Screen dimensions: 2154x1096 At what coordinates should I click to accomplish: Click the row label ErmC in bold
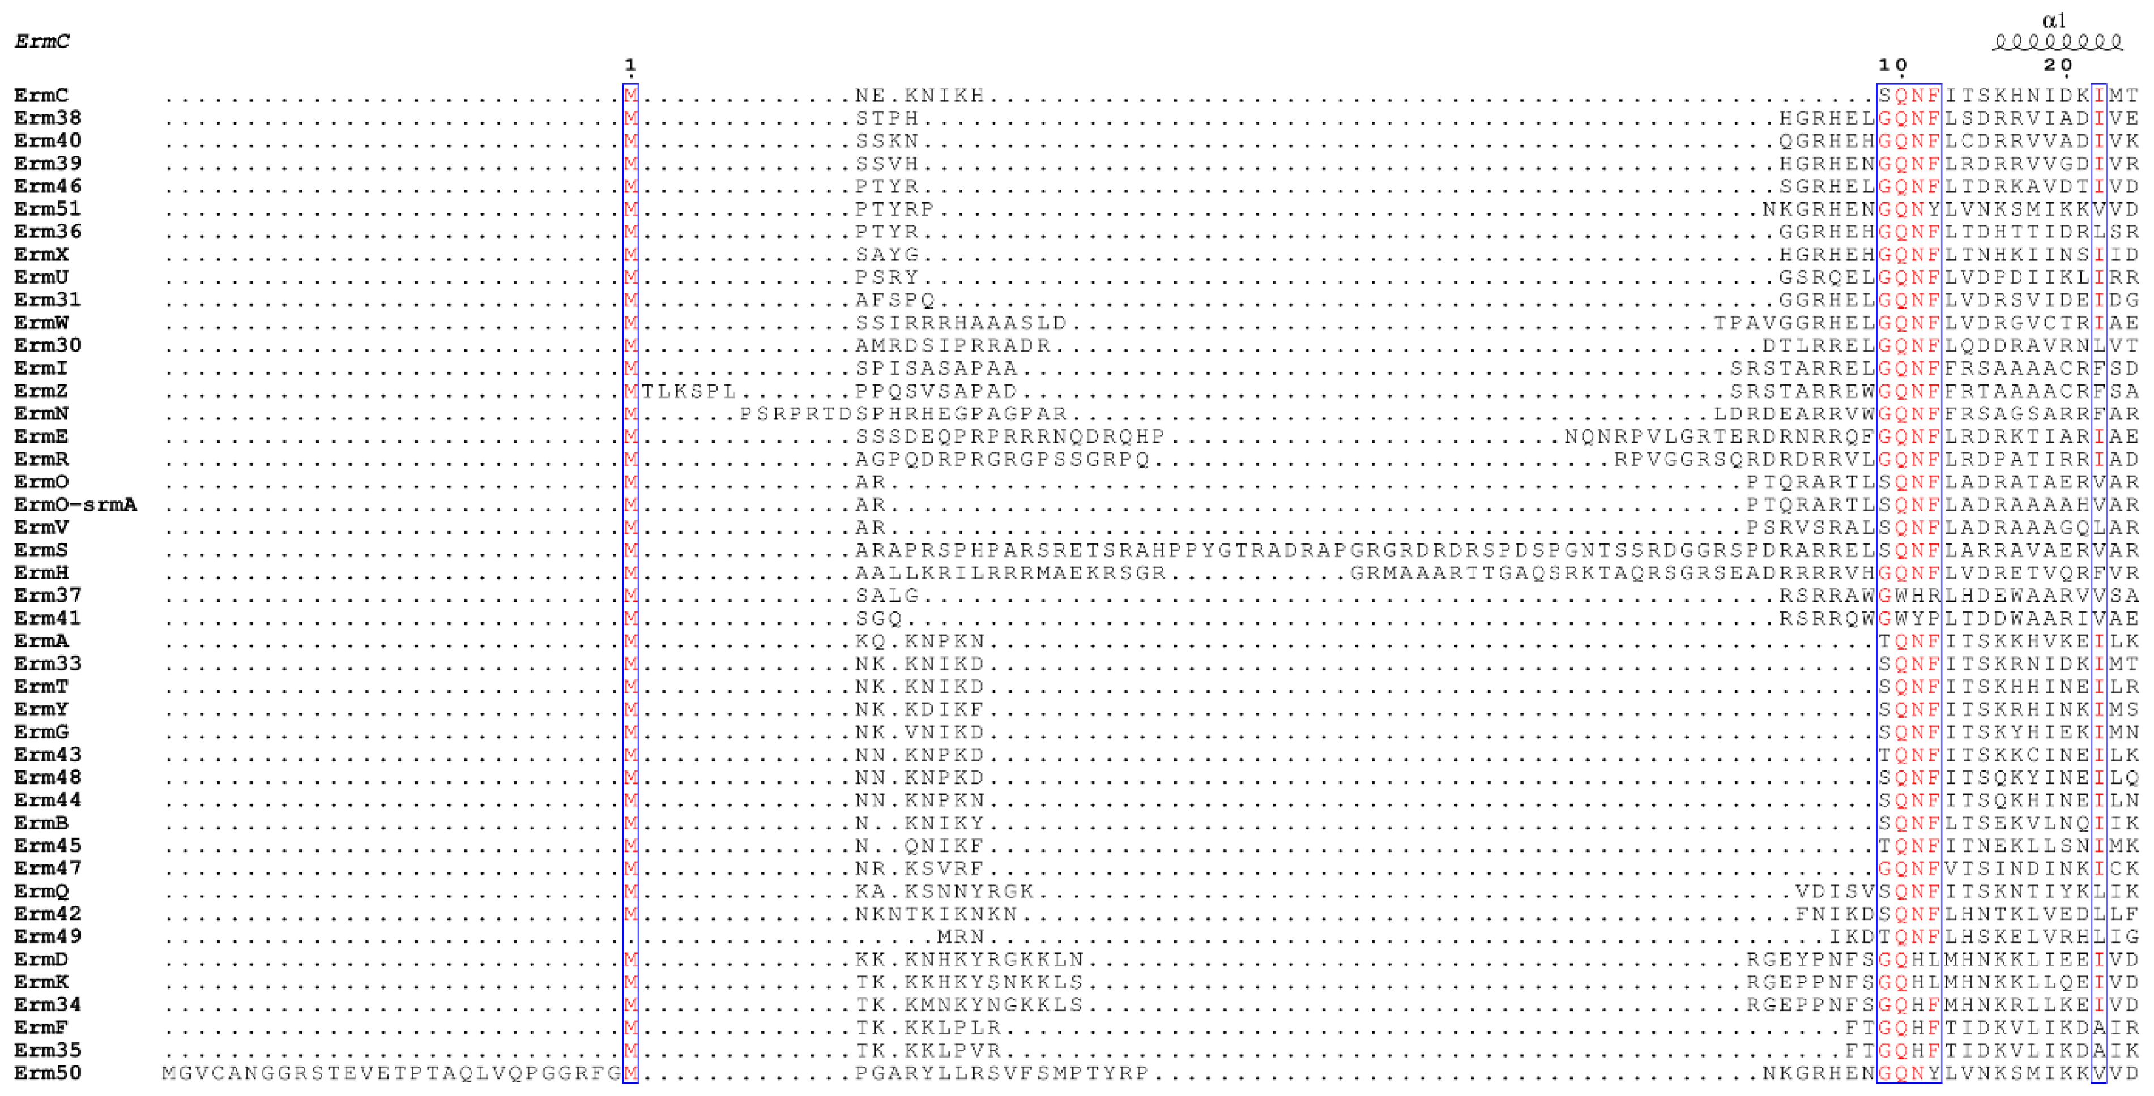[40, 95]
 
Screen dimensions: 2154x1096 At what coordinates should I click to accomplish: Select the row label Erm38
[48, 118]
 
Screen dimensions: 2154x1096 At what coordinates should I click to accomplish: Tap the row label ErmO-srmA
[75, 504]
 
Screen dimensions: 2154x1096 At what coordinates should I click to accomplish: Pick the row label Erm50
[48, 1073]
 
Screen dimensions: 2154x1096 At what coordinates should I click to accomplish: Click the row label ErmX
[40, 254]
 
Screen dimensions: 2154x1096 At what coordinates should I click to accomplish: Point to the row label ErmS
[40, 550]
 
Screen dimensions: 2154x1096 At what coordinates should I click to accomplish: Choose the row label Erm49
[48, 936]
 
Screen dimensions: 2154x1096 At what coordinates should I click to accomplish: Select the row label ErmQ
[40, 891]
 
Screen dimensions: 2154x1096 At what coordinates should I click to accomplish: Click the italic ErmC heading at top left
[42, 41]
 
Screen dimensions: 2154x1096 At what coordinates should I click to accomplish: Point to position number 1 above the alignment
[630, 65]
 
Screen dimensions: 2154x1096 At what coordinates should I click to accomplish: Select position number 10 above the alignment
[1893, 65]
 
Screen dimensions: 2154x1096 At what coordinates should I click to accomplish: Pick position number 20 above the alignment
[2058, 65]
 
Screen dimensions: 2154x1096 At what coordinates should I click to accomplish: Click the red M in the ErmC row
[630, 95]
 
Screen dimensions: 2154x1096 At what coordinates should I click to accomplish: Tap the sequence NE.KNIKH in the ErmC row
[919, 95]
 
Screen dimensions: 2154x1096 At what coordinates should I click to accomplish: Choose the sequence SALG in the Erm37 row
[886, 595]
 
